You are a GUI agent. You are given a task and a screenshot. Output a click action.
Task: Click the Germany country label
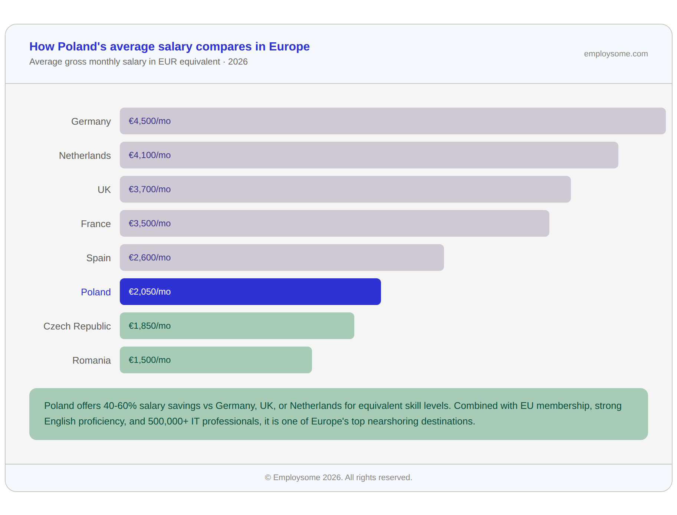91,121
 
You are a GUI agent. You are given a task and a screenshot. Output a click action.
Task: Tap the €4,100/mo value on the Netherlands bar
149,155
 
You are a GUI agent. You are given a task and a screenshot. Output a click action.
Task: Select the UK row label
104,190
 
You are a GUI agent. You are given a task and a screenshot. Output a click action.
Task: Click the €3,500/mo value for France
149,223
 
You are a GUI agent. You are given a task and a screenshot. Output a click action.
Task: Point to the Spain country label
98,258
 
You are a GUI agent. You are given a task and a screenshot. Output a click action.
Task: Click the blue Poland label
96,292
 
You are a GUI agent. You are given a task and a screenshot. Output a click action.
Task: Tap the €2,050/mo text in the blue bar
149,292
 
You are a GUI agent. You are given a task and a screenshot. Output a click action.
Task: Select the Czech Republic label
77,326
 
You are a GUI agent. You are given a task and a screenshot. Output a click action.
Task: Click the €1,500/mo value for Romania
149,360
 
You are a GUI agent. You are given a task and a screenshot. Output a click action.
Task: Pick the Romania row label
92,360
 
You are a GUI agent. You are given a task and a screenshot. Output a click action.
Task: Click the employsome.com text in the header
616,54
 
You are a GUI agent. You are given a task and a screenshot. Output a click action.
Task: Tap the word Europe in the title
289,46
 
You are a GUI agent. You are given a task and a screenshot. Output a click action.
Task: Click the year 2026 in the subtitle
238,62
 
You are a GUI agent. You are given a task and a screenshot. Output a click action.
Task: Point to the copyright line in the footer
338,478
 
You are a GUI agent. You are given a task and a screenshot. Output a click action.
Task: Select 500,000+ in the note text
168,421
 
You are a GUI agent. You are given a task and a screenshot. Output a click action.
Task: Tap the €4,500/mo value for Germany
149,121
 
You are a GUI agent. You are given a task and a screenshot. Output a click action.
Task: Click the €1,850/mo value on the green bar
149,326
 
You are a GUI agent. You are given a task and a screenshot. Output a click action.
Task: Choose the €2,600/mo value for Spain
149,257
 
